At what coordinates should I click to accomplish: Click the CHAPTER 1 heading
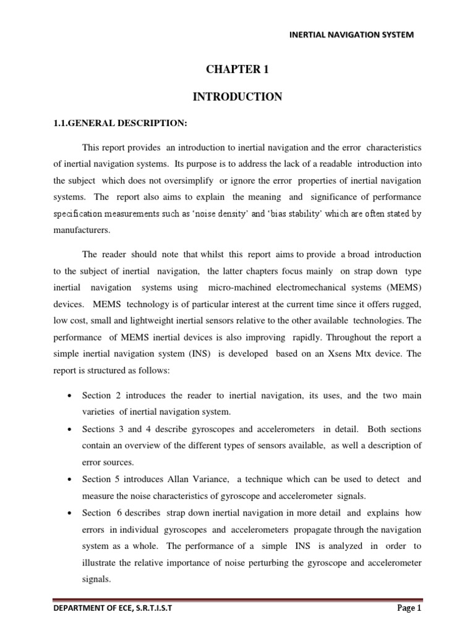coord(237,70)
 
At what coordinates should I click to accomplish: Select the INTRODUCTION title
coord(237,96)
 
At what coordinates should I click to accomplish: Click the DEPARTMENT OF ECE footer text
coord(113,609)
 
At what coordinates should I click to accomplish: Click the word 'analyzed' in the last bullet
coord(344,546)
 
